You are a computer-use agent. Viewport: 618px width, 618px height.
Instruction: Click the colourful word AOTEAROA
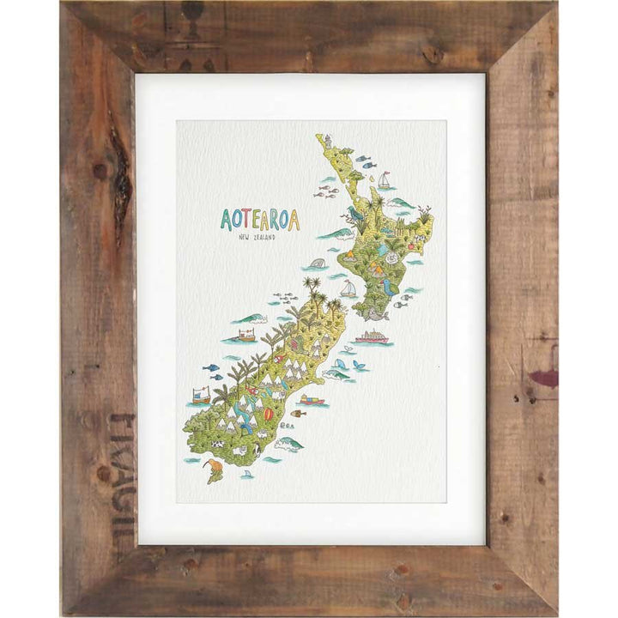click(259, 220)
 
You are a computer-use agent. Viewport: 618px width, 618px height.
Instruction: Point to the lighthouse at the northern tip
click(327, 140)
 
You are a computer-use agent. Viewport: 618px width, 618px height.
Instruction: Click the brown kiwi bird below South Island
click(214, 469)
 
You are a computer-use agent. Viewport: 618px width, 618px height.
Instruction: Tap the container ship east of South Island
click(312, 399)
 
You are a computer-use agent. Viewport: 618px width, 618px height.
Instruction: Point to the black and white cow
click(217, 444)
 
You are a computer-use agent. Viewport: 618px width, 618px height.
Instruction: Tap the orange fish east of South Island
click(298, 414)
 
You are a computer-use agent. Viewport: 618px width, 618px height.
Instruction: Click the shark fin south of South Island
click(246, 474)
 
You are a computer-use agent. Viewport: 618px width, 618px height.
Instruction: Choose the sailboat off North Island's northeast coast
click(384, 181)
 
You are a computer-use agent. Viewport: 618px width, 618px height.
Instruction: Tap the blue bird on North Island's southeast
click(390, 288)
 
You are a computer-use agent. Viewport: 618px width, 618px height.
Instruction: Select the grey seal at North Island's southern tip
click(375, 316)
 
